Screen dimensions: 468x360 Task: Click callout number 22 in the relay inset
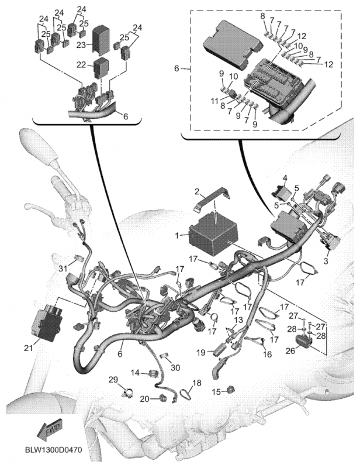[82, 65]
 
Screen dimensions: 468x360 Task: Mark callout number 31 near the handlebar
[63, 268]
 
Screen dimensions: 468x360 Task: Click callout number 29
[113, 380]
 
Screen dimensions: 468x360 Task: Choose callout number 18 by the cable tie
[197, 383]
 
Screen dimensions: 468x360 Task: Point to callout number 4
[285, 177]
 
